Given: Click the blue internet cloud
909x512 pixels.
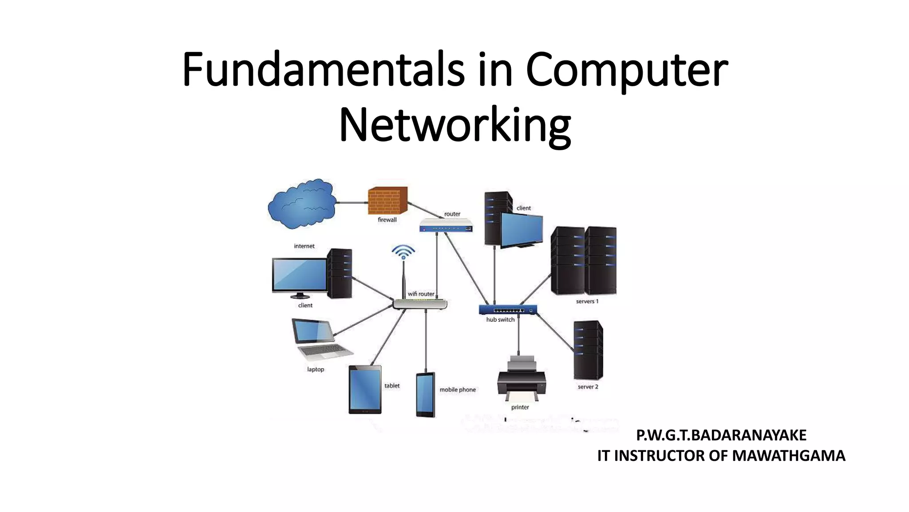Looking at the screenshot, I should (x=301, y=204).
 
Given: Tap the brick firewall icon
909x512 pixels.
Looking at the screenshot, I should (x=387, y=200).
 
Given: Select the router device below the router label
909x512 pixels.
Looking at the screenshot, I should (x=446, y=226).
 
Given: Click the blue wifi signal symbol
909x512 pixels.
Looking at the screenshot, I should (x=403, y=252).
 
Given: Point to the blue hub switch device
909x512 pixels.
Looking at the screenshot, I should (x=508, y=309).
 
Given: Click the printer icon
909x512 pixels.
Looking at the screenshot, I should (x=522, y=378).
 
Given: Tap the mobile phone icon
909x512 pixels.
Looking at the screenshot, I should (x=425, y=395).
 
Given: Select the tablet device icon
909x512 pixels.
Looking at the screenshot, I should (x=365, y=389).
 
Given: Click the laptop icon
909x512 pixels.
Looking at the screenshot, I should (x=319, y=339).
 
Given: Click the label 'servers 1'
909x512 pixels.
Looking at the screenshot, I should (x=587, y=301).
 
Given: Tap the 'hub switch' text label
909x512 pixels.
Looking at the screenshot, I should (x=500, y=320).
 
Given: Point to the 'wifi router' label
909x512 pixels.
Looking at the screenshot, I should (x=421, y=294).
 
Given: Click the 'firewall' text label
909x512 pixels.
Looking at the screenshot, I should (x=387, y=220).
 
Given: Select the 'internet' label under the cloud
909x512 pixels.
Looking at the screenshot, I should (x=304, y=246).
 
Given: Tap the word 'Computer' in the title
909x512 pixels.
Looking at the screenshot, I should (x=627, y=70).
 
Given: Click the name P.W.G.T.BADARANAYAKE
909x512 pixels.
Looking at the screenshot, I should (x=721, y=435).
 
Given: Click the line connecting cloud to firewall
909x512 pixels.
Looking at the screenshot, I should (x=351, y=203).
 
